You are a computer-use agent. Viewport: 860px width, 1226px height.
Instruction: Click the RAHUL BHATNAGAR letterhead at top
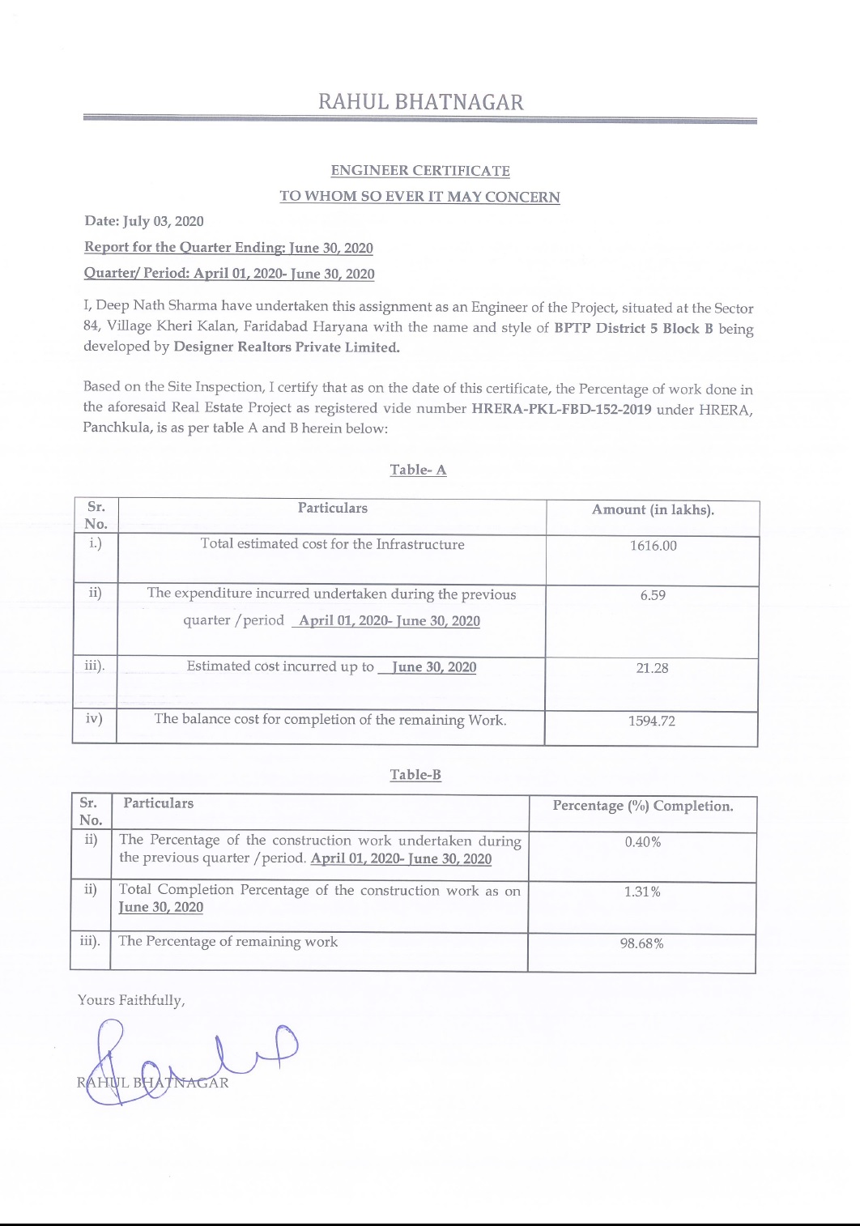[420, 102]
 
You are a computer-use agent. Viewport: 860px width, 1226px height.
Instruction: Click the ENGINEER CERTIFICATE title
[420, 171]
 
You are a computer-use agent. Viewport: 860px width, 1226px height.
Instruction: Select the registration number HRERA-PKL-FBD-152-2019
[561, 408]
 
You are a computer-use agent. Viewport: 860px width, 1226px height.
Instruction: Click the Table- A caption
[418, 470]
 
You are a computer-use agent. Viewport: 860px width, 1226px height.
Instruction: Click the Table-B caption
[415, 775]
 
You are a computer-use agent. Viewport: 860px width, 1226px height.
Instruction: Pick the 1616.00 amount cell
[653, 546]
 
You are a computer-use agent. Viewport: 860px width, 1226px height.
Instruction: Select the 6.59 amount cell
[653, 595]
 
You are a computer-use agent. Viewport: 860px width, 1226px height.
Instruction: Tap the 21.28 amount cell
[652, 668]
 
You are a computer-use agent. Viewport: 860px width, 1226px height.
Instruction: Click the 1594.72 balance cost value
[651, 721]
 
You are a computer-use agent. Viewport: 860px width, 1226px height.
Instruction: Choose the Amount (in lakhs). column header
[653, 509]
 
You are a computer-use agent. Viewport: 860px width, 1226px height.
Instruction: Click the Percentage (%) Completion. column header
[643, 806]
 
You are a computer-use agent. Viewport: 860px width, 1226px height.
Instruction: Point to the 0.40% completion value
[643, 842]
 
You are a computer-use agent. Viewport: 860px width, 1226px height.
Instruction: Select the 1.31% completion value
[642, 892]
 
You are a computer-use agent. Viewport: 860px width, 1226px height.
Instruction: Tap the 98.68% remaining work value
[642, 943]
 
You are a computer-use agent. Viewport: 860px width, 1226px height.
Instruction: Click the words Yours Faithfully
[131, 1000]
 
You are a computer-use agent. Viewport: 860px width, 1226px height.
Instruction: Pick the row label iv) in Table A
[94, 717]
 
